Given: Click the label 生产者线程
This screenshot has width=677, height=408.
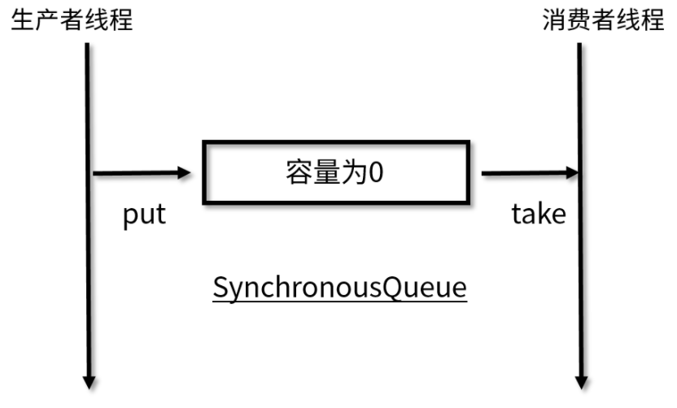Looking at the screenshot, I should point(71,20).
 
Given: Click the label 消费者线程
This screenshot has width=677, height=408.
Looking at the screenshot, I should point(603,20).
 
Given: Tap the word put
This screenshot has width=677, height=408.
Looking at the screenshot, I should point(144,215).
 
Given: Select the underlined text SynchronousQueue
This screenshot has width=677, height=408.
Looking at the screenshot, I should point(339,289).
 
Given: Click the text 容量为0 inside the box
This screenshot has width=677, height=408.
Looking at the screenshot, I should point(334,173).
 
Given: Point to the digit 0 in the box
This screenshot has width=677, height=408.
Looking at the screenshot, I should point(375,173).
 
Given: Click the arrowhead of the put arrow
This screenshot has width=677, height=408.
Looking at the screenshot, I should point(184,172).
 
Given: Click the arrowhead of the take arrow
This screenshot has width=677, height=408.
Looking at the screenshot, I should point(571,172).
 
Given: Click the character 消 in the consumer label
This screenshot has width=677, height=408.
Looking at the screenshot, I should point(554,20).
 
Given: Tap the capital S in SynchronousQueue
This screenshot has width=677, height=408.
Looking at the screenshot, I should point(220,287).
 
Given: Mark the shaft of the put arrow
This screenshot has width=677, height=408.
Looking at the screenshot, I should point(134,172).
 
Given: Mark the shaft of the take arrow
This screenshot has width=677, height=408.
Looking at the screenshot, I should point(521,172).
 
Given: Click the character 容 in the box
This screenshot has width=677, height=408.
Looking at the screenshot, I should point(299,173).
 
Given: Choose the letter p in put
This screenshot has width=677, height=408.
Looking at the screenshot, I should point(129,217).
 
